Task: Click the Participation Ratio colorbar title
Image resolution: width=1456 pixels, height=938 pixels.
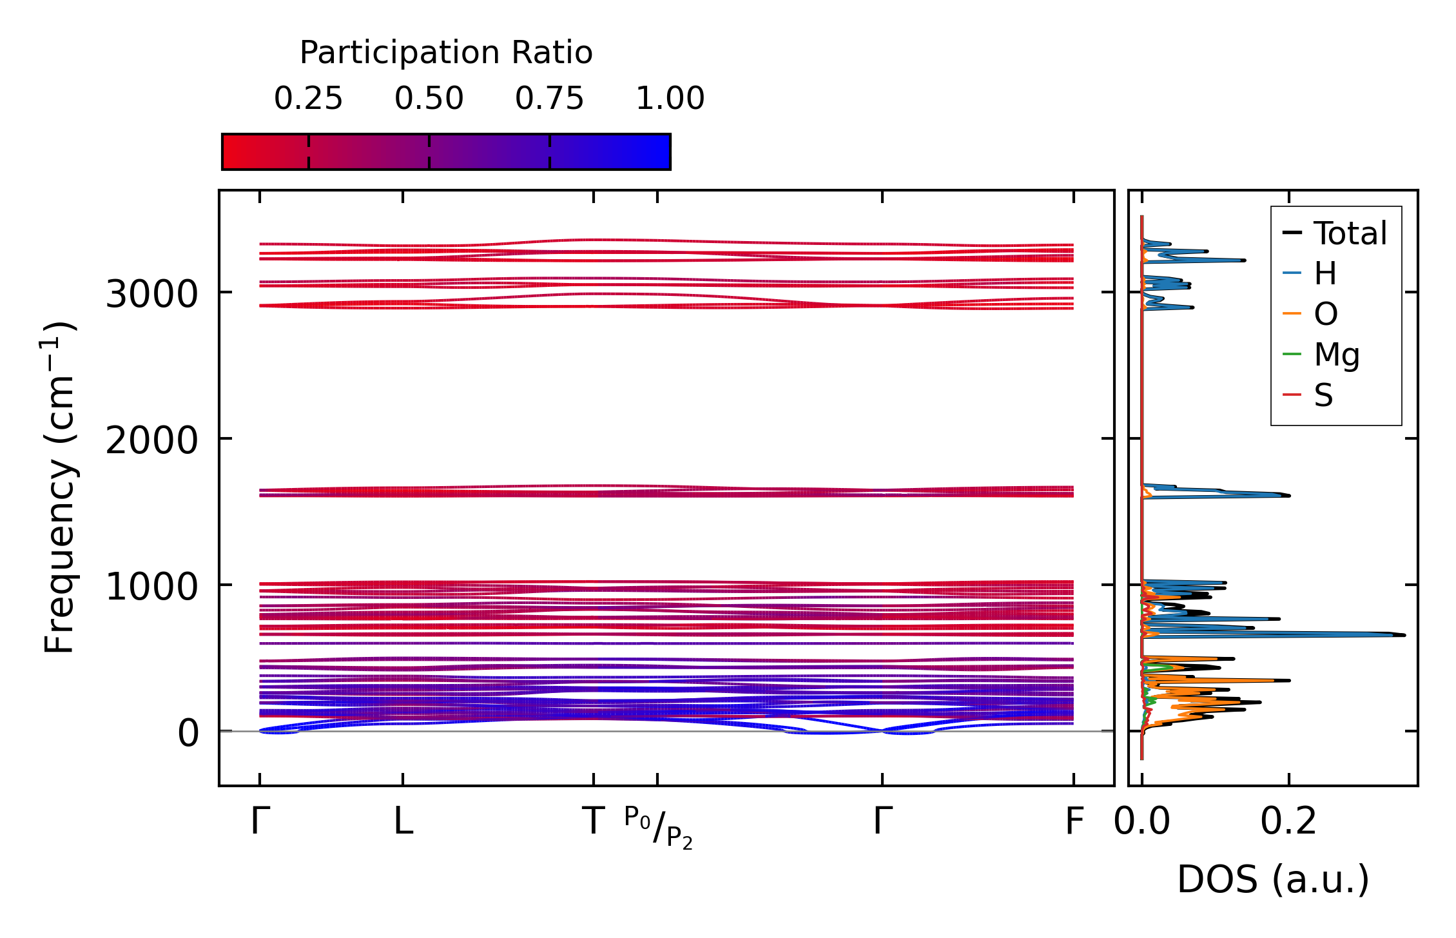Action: [446, 53]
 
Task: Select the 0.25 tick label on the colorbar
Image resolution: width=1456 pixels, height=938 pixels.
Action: [308, 99]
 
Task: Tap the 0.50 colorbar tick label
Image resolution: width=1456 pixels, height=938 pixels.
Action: [429, 99]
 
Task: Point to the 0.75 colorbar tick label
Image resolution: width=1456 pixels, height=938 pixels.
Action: [549, 99]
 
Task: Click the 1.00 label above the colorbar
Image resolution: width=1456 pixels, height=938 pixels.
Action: [670, 99]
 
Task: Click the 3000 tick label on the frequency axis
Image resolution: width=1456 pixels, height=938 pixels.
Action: [151, 295]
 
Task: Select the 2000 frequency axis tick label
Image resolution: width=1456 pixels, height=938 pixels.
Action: [151, 441]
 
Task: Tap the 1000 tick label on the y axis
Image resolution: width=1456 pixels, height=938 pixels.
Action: [151, 587]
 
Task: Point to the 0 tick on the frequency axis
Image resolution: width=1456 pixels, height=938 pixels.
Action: [188, 733]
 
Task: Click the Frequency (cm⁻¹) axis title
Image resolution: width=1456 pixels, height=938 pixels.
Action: [59, 487]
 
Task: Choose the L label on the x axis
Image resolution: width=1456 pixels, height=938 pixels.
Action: [403, 822]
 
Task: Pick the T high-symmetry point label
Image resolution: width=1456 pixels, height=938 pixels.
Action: [593, 822]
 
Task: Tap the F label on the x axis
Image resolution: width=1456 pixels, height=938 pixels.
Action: [1074, 822]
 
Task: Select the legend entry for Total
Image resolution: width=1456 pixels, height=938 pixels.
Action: [1350, 233]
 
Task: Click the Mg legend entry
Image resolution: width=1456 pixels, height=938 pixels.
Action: [1337, 354]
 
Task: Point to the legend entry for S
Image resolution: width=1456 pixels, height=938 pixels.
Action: [1323, 395]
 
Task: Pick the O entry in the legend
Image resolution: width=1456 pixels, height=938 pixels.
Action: [1326, 314]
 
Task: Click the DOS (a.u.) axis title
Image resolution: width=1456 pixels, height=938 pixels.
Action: [1273, 879]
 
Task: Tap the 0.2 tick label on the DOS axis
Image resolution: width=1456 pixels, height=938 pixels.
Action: [1288, 822]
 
